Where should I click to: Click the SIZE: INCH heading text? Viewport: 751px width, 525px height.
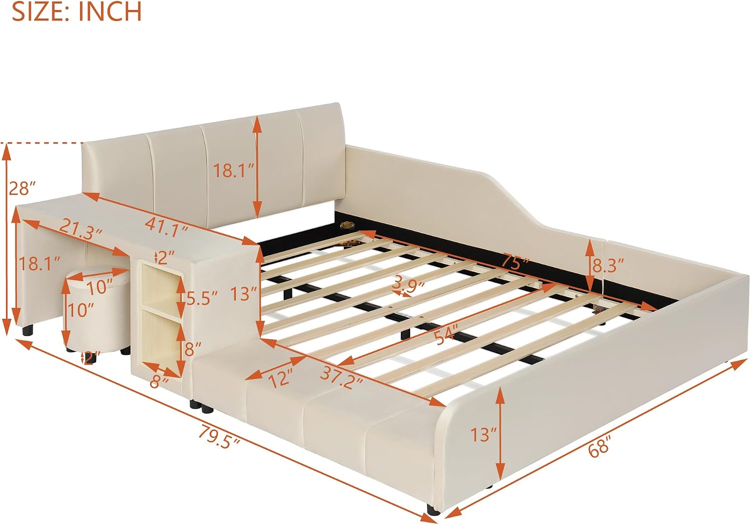pos(77,12)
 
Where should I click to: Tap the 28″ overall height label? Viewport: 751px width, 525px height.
pos(22,188)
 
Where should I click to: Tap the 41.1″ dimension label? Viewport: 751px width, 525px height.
pos(167,228)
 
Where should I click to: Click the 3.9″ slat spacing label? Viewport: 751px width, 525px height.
pos(408,285)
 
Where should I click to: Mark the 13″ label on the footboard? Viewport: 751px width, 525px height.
pos(484,435)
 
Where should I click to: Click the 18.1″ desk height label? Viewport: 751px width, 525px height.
pos(40,264)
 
